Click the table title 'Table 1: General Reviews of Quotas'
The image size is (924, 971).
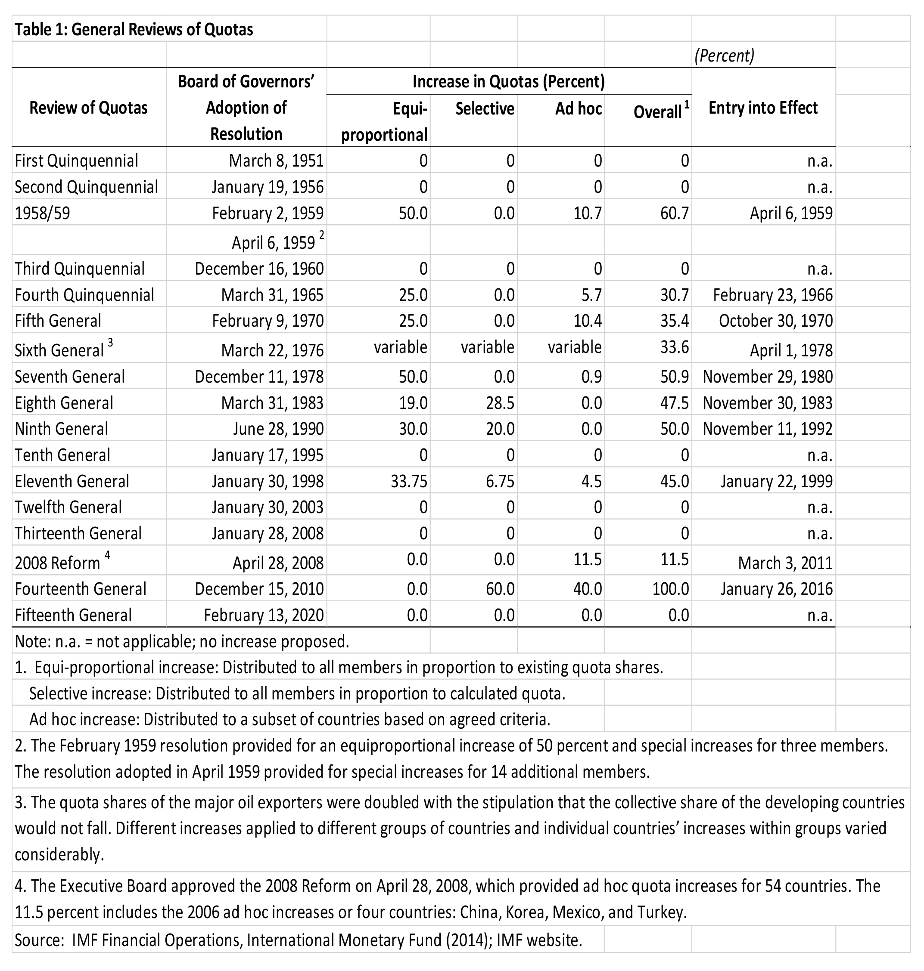[134, 30]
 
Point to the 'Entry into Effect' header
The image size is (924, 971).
[763, 108]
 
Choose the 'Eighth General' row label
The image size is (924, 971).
[64, 402]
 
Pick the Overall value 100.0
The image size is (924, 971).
[670, 589]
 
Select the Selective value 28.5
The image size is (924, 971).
[500, 402]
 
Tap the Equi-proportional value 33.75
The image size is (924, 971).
[408, 481]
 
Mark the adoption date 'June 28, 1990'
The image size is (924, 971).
[278, 429]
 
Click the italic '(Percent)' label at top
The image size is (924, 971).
[724, 56]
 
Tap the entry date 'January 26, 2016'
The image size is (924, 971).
[777, 589]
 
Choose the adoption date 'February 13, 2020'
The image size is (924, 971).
[264, 615]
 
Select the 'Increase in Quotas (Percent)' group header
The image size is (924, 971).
[508, 81]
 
